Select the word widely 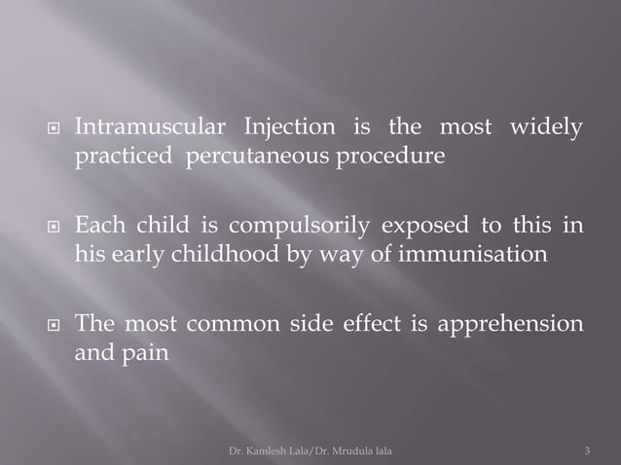point(549,127)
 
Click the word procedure point(397,157)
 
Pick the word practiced point(123,157)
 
